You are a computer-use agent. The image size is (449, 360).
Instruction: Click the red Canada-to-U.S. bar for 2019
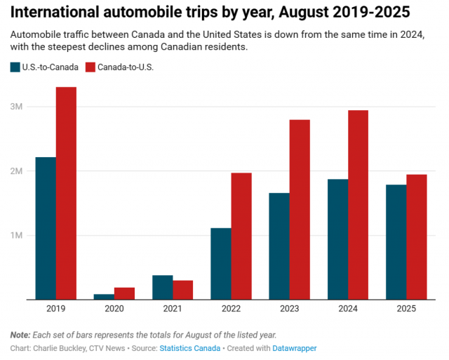pos(67,193)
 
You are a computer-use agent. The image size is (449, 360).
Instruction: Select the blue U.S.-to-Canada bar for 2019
pos(46,228)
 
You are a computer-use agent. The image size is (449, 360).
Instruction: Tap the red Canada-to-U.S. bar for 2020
pos(125,293)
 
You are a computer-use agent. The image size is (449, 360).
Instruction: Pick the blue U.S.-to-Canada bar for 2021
pos(163,287)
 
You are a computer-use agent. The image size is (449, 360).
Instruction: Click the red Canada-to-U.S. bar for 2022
pos(241,236)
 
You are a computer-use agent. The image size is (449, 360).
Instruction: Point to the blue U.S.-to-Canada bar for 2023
pos(279,246)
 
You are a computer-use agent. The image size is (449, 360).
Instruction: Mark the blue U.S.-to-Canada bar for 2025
pos(396,242)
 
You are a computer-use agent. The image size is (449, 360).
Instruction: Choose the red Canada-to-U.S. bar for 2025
pos(417,237)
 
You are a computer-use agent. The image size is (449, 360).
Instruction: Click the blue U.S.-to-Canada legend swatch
pos(15,67)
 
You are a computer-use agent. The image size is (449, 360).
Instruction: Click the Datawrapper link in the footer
pos(295,348)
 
